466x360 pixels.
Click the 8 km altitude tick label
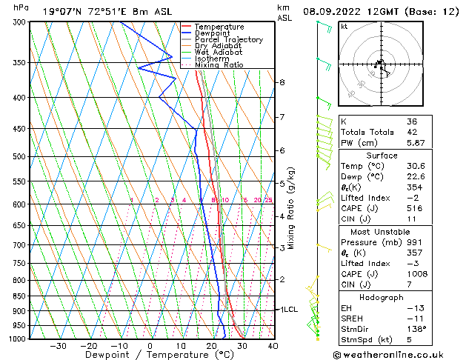282,82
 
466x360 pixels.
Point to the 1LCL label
287,310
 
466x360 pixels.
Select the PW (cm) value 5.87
416,144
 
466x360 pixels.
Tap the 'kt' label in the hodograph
344,26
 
